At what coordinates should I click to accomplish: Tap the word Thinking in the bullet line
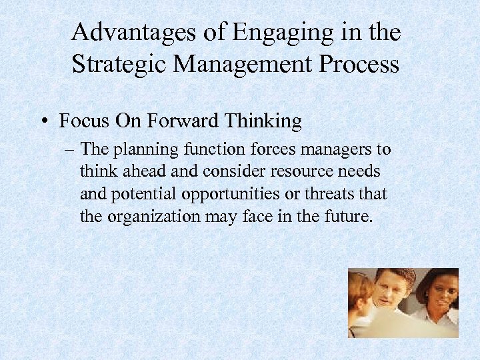[263, 121]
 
